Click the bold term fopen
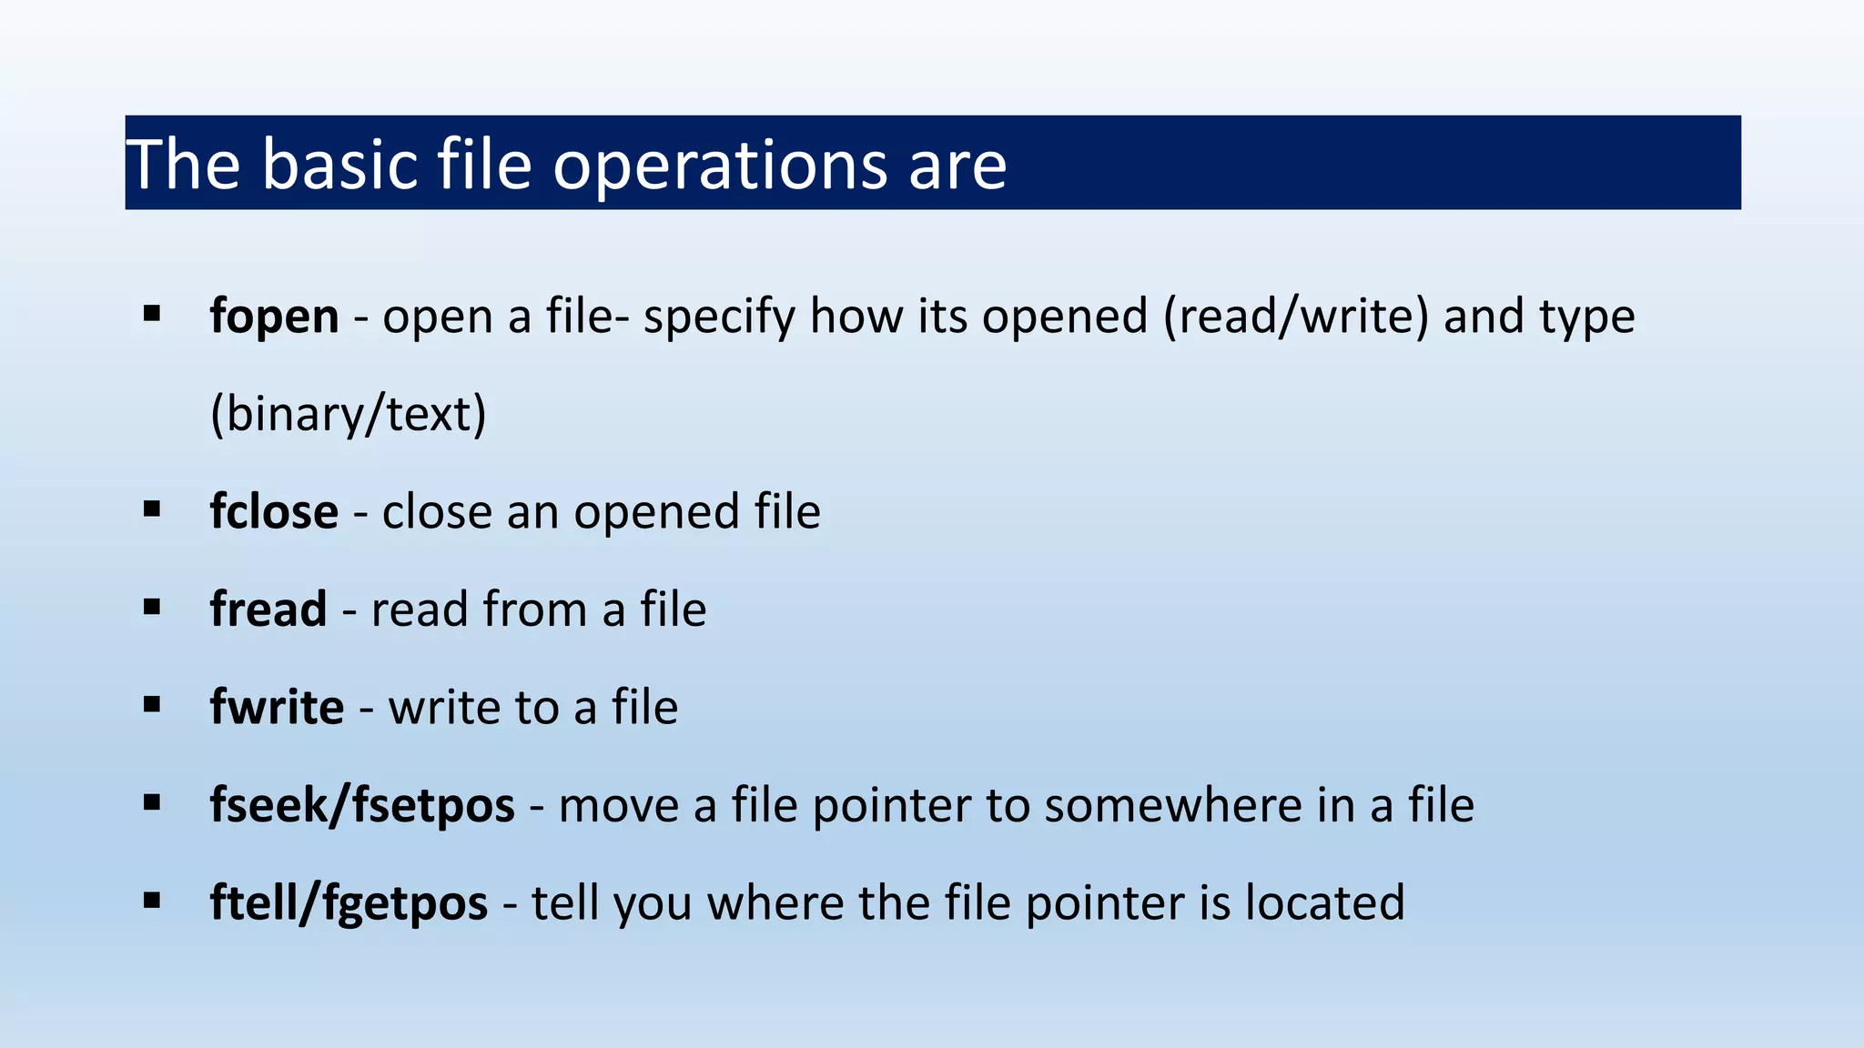[274, 317]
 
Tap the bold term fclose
[274, 511]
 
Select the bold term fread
[268, 609]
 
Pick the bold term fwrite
[277, 707]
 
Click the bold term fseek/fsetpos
[362, 805]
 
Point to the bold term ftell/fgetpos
[349, 902]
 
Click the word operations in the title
[719, 165]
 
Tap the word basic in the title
[340, 165]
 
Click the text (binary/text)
[349, 414]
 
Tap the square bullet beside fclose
[152, 509]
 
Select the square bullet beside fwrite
[152, 705]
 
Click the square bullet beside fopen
[152, 315]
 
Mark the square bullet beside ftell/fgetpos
[152, 901]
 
